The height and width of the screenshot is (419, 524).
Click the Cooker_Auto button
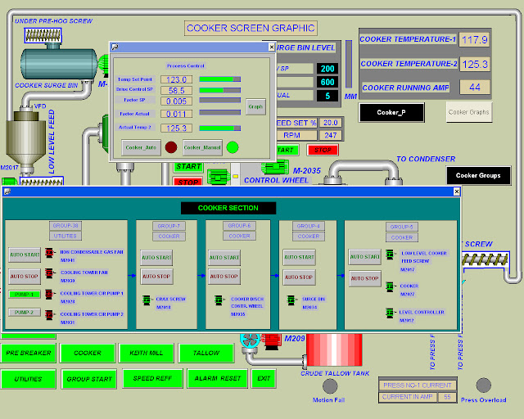pos(140,147)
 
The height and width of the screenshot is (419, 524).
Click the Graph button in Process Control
pos(255,106)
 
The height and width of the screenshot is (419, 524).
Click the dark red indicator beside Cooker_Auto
pos(171,147)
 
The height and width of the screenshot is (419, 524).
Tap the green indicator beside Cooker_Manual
pos(233,147)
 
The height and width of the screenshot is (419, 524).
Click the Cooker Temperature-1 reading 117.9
pos(475,39)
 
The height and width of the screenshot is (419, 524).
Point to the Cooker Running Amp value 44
pos(475,87)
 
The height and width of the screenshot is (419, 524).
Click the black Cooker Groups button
pos(478,175)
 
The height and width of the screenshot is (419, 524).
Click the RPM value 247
pos(331,135)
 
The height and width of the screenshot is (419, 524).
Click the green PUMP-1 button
pos(25,294)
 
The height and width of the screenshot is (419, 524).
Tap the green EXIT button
pos(263,379)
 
